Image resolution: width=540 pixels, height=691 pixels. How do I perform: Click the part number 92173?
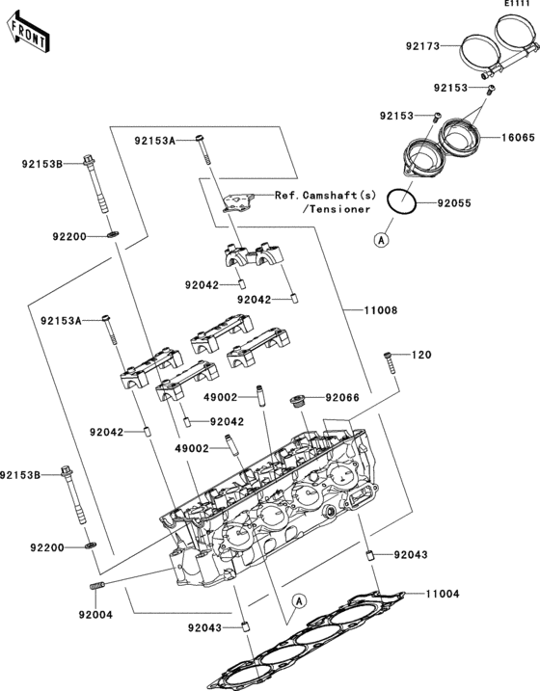click(421, 45)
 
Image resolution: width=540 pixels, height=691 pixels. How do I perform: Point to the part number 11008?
click(381, 311)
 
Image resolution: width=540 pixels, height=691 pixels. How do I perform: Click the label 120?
click(422, 356)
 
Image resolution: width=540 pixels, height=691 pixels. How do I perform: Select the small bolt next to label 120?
click(390, 363)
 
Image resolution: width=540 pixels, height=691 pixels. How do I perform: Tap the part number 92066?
click(343, 397)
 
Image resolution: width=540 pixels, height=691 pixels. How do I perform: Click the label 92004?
click(96, 614)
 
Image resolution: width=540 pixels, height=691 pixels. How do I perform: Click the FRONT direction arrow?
click(28, 34)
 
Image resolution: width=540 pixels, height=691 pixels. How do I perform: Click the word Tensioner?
click(337, 208)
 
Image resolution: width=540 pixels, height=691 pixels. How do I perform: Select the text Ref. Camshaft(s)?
click(322, 194)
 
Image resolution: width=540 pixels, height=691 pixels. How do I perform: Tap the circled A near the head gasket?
click(300, 600)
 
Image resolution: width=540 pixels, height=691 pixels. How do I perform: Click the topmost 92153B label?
click(42, 164)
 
